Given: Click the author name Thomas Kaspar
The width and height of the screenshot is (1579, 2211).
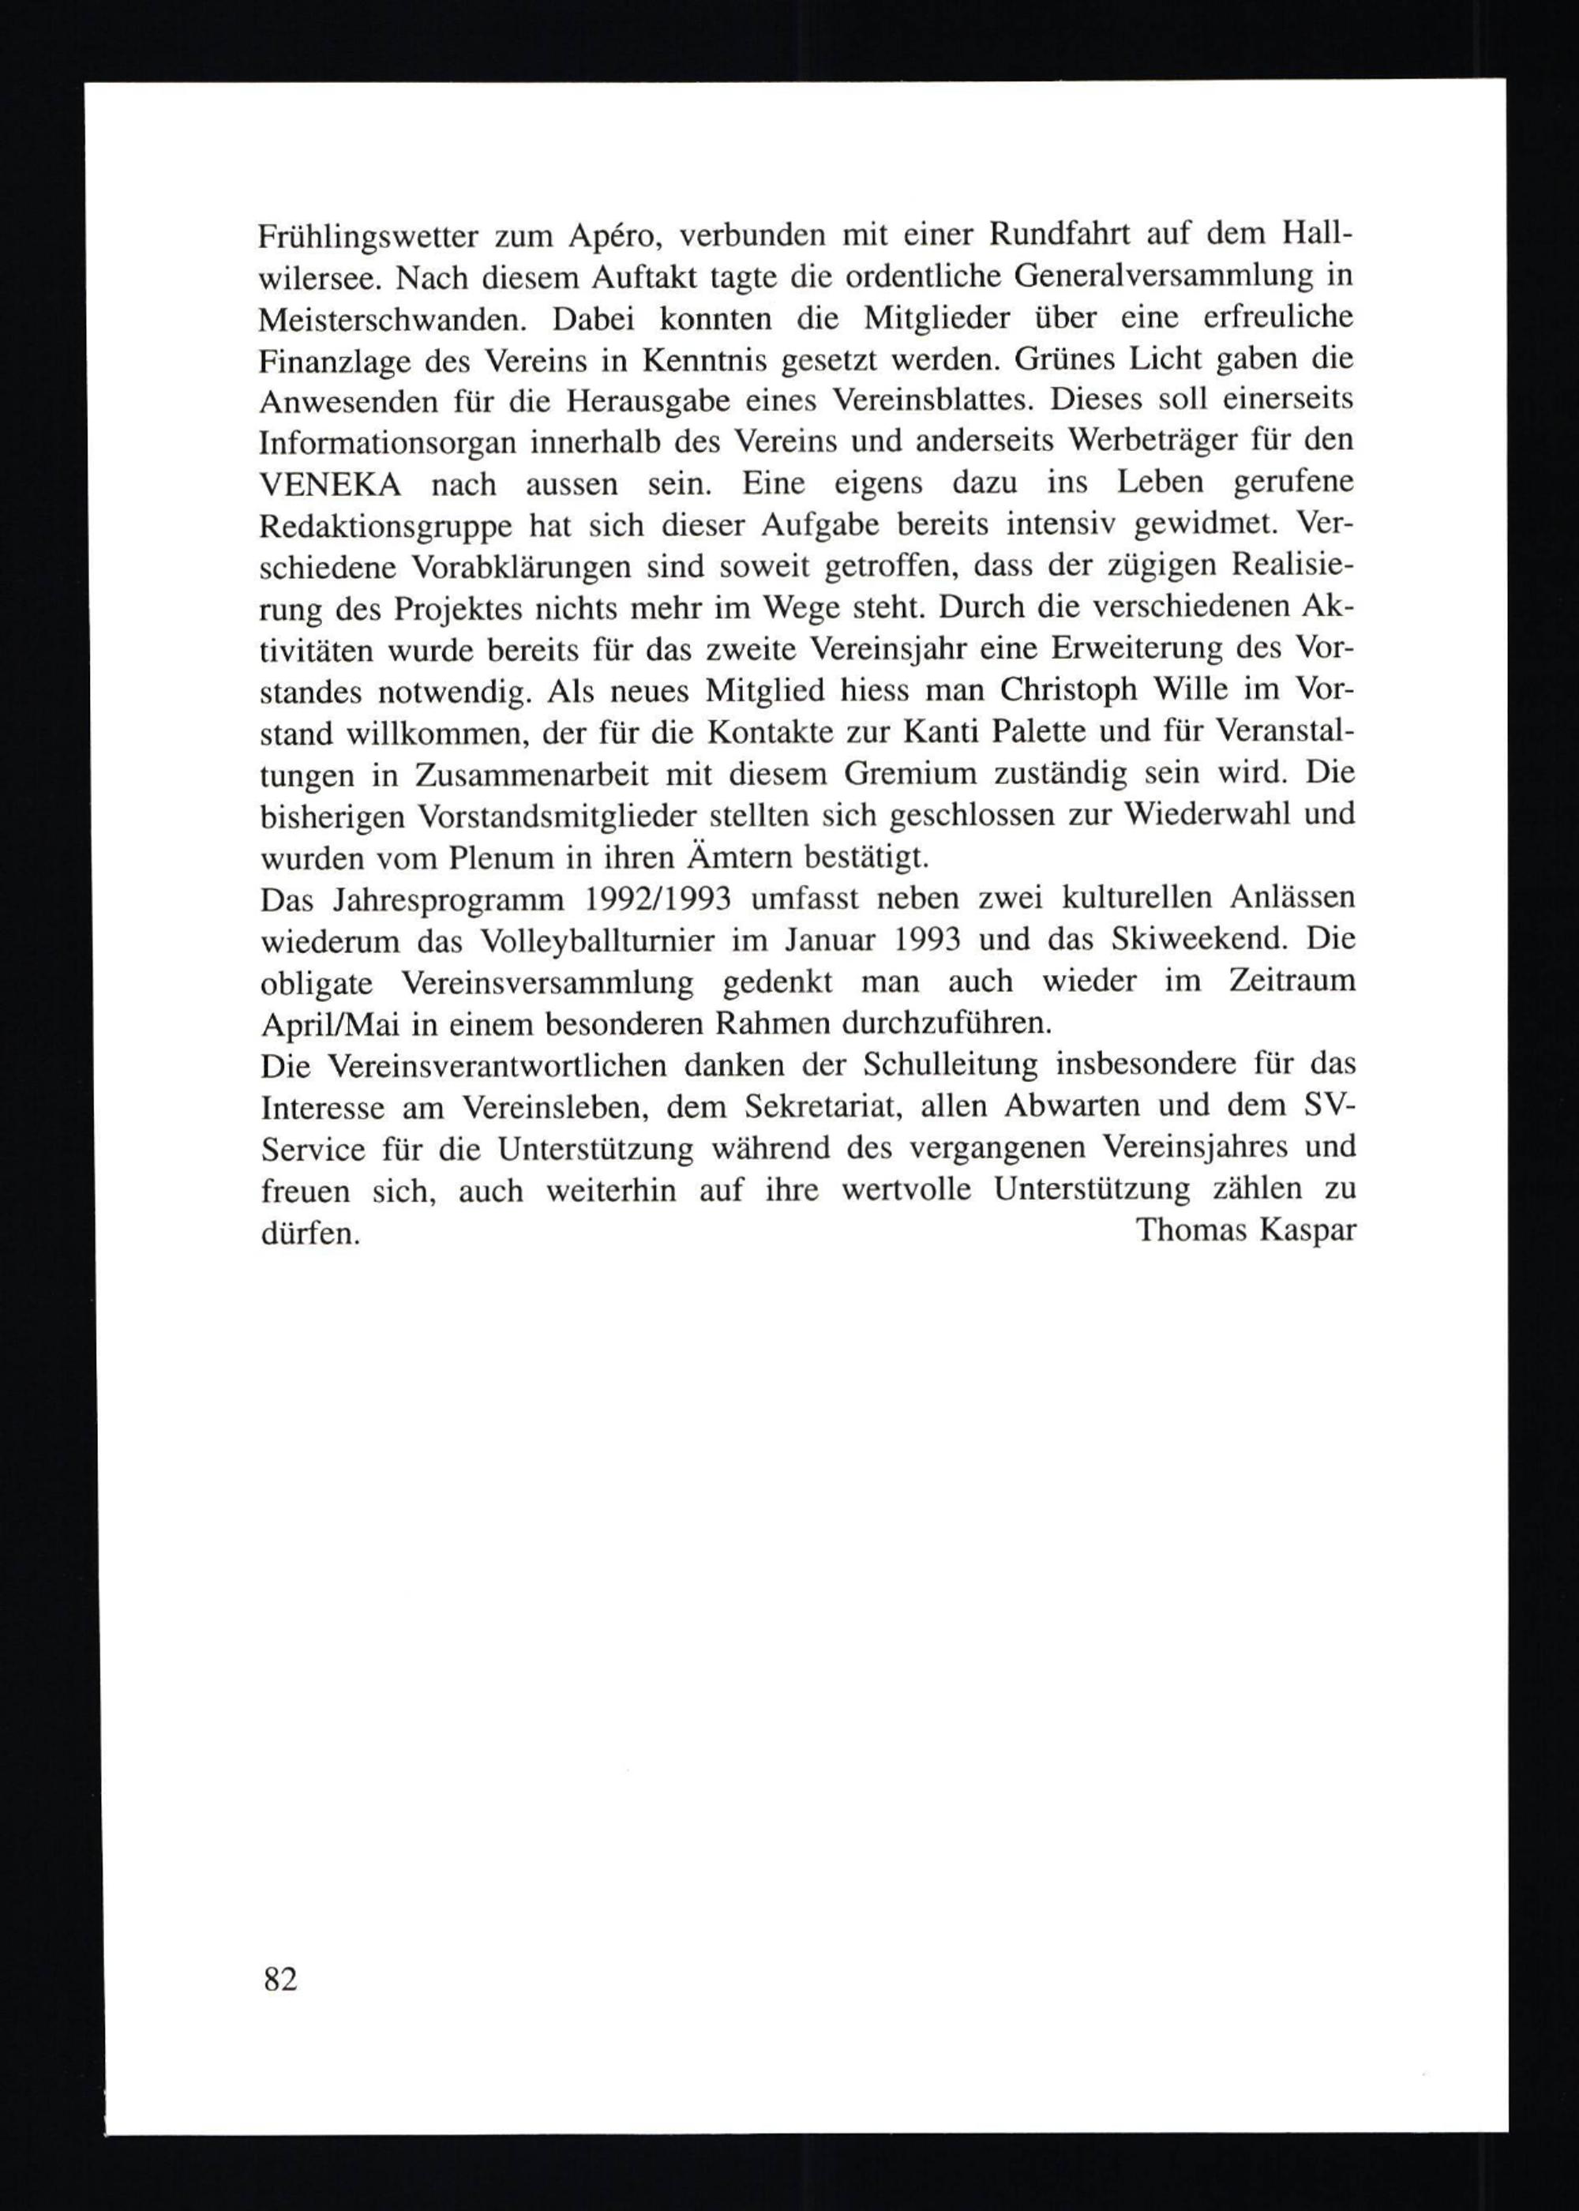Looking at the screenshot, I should (1246, 1230).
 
